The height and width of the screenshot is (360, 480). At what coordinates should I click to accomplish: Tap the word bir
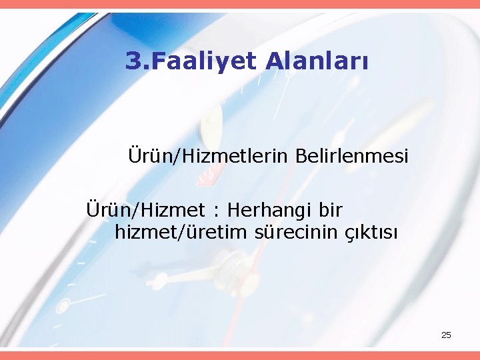click(331, 211)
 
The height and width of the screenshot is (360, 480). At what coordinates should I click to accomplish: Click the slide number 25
click(446, 335)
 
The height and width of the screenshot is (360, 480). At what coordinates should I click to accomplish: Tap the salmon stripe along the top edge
click(240, 4)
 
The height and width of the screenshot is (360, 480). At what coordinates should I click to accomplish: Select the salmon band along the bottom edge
click(240, 355)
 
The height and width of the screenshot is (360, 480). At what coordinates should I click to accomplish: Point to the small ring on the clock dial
click(63, 305)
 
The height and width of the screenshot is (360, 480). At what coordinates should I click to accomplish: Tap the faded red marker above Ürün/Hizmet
click(212, 177)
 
